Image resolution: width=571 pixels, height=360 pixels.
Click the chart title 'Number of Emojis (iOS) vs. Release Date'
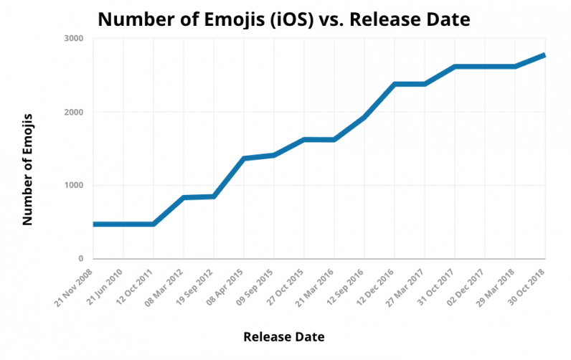point(284,19)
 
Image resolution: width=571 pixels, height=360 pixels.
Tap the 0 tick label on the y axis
point(80,259)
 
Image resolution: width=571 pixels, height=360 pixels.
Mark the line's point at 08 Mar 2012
point(184,197)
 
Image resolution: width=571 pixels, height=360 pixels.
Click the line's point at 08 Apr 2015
point(244,158)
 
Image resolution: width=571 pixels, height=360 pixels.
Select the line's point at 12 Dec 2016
point(394,84)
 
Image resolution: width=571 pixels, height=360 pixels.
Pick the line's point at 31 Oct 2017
point(454,67)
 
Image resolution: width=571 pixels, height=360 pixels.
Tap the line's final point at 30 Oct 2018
point(544,55)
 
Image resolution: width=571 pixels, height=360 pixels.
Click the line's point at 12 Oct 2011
point(154,224)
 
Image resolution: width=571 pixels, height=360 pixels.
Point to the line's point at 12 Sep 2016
point(364,117)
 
